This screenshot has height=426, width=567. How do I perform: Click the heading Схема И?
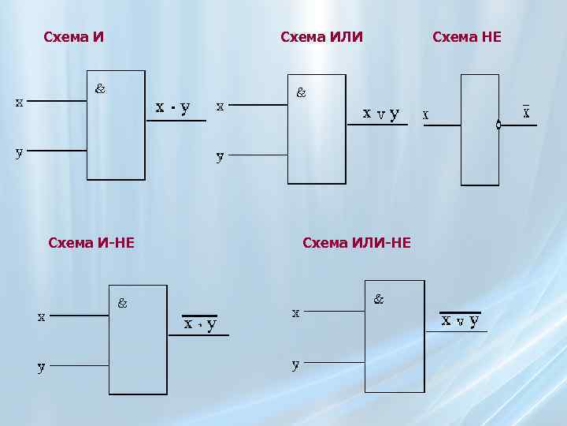point(74,37)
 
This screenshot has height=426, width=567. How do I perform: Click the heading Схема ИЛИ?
point(321,37)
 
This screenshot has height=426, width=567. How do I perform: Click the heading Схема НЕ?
point(467,37)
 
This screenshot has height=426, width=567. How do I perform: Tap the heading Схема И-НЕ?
point(91,243)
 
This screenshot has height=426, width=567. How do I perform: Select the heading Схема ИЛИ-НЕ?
point(357,243)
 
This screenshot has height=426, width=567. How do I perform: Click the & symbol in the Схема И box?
point(101,88)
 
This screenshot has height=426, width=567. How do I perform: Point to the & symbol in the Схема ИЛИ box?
point(302,92)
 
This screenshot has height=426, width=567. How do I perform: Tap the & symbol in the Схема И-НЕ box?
point(123,302)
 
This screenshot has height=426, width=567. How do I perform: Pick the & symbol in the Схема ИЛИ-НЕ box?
point(379,299)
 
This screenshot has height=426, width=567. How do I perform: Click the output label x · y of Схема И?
point(172,107)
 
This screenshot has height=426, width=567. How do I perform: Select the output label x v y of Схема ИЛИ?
point(380,113)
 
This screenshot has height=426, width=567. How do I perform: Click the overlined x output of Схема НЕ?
point(526,112)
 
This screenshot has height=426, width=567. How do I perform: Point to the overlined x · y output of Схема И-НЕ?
point(201,323)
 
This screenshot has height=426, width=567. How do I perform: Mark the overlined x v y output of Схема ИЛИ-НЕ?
point(460,320)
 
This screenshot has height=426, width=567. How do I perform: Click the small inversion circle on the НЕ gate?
point(498,125)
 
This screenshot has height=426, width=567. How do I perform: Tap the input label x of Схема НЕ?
point(426,114)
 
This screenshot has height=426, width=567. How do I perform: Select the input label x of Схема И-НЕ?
point(41,316)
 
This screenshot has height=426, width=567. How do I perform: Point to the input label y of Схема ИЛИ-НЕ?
point(295,364)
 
